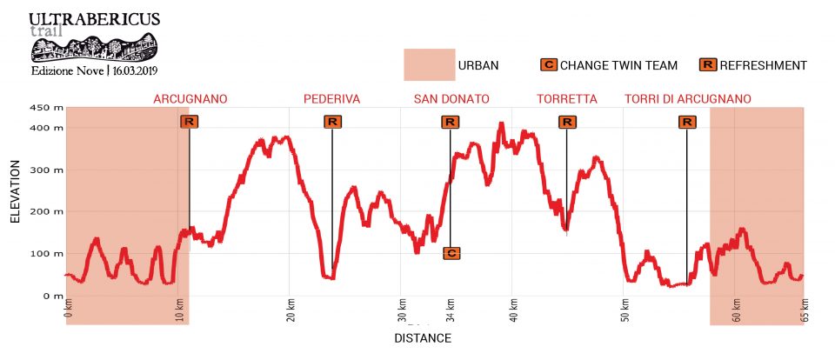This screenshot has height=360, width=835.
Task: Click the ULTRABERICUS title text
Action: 94,18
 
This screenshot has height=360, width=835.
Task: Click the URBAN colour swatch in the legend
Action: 430,64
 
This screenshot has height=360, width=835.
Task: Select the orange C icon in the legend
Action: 549,65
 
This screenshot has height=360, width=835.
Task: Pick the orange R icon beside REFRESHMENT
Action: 708,65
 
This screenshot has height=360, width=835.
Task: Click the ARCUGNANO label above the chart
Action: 190,99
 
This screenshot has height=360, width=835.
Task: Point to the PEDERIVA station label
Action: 331,99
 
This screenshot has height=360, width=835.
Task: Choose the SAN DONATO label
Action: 451,99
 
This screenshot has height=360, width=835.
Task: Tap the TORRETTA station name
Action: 567,99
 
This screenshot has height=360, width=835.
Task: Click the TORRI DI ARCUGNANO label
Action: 688,99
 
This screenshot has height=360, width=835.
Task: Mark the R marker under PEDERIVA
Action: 332,122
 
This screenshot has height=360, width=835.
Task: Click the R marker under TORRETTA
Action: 567,122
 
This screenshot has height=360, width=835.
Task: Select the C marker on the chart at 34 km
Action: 451,253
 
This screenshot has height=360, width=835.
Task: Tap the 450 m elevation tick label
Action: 46,108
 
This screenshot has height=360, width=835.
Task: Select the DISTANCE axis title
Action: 423,337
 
